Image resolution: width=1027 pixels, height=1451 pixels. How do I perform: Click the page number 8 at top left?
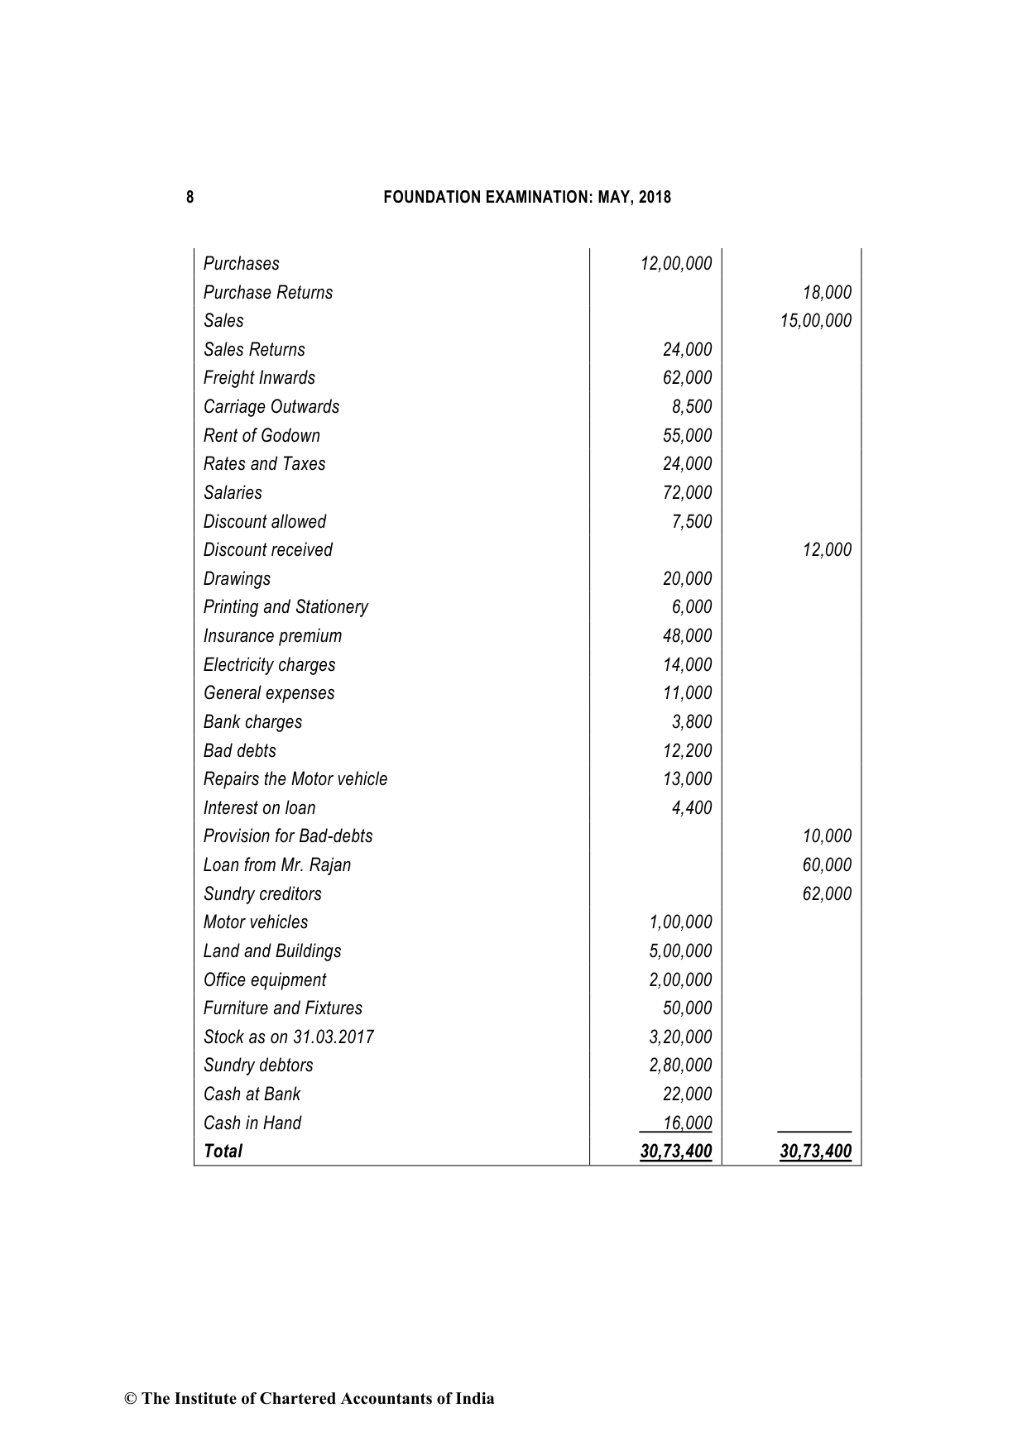pos(190,197)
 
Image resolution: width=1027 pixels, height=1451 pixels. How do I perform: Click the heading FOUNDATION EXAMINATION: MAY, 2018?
pos(527,197)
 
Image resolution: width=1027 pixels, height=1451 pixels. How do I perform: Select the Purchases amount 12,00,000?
pos(675,264)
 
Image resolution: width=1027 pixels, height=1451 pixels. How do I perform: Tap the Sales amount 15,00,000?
pos(815,321)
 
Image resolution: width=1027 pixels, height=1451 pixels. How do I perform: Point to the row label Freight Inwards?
pos(259,378)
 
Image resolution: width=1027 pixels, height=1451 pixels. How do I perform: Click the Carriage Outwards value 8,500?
pos(692,407)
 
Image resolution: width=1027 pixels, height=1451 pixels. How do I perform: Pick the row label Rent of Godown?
pos(262,436)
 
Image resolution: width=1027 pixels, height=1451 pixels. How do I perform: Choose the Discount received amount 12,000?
pos(827,550)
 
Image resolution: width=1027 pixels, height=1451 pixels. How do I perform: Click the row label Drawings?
pos(237,579)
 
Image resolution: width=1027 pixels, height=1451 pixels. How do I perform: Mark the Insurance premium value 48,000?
pos(687,636)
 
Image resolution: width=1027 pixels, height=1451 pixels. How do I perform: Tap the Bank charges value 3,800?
pos(692,722)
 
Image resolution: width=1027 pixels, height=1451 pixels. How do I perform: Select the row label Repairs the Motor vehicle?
pos(295,779)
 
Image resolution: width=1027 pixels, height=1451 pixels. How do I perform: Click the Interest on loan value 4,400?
pos(692,808)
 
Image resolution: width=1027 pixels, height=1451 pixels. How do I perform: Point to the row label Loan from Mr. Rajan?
pos(276,865)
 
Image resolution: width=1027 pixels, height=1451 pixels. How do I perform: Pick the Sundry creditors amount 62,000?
pos(827,894)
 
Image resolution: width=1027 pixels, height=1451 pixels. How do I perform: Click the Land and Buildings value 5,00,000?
pos(680,951)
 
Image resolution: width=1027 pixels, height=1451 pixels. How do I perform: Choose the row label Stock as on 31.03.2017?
pos(288,1037)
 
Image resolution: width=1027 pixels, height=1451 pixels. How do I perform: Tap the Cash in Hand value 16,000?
pos(687,1123)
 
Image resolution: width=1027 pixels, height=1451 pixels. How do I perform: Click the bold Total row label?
pos(223,1152)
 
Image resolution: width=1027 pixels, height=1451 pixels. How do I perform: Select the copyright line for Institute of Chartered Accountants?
pos(310,1399)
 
